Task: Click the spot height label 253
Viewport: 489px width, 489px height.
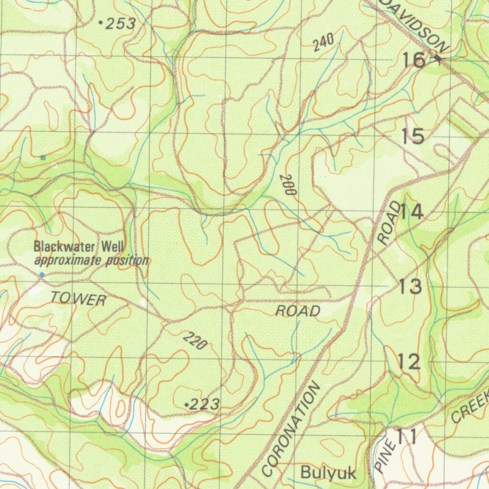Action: pyautogui.click(x=120, y=24)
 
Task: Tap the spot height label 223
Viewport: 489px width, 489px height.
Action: pyautogui.click(x=204, y=405)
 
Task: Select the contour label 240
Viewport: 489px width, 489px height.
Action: pyautogui.click(x=323, y=43)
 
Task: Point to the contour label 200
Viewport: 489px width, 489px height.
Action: pyautogui.click(x=288, y=184)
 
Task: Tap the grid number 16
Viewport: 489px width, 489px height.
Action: pyautogui.click(x=413, y=60)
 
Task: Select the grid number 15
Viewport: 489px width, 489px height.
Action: pyautogui.click(x=413, y=137)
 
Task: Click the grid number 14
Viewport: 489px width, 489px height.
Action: pyautogui.click(x=411, y=212)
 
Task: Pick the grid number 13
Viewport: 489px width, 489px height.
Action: pyautogui.click(x=410, y=287)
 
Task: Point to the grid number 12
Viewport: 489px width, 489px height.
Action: pyautogui.click(x=409, y=362)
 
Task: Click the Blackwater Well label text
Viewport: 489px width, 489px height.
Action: pyautogui.click(x=79, y=247)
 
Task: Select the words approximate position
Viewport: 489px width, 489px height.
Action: pyautogui.click(x=91, y=261)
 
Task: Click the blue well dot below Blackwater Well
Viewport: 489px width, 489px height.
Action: pyautogui.click(x=42, y=275)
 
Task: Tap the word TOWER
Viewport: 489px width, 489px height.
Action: pyautogui.click(x=78, y=299)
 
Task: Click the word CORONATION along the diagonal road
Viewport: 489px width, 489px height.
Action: pyautogui.click(x=290, y=430)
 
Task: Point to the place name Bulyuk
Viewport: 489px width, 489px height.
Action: pyautogui.click(x=328, y=473)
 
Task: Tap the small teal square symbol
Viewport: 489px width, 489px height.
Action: pyautogui.click(x=43, y=157)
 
